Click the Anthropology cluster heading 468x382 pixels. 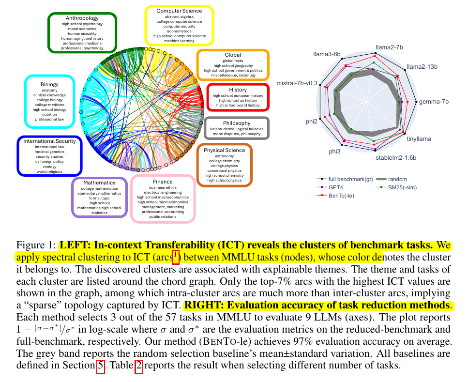(x=82, y=18)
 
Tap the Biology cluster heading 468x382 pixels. (x=49, y=85)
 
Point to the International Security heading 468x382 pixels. (x=49, y=141)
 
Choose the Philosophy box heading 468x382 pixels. (x=237, y=123)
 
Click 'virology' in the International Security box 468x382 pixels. (x=49, y=166)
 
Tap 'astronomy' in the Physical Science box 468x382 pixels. (x=224, y=157)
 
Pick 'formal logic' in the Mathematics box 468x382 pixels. (x=99, y=198)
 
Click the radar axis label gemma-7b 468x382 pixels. (x=435, y=102)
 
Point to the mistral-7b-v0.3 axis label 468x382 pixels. (x=297, y=83)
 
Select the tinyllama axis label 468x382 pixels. (x=419, y=139)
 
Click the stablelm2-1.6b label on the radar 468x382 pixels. (x=396, y=158)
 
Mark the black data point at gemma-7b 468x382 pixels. (x=416, y=102)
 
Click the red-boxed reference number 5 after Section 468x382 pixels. (x=101, y=366)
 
